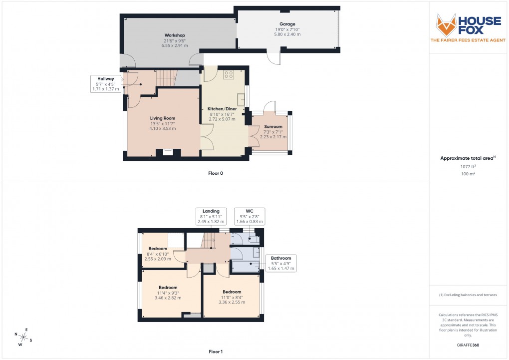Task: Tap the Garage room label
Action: pos(287,24)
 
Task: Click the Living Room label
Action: pos(163,118)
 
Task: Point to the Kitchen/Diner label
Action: pos(222,109)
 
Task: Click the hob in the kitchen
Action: pos(229,74)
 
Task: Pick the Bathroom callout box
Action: pos(280,263)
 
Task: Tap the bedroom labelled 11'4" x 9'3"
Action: pos(168,288)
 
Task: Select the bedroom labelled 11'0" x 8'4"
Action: pos(232,292)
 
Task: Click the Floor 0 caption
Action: pos(216,173)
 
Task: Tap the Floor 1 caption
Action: pos(216,352)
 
